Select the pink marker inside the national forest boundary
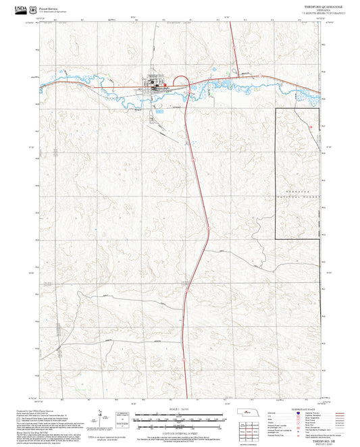[310, 126]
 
